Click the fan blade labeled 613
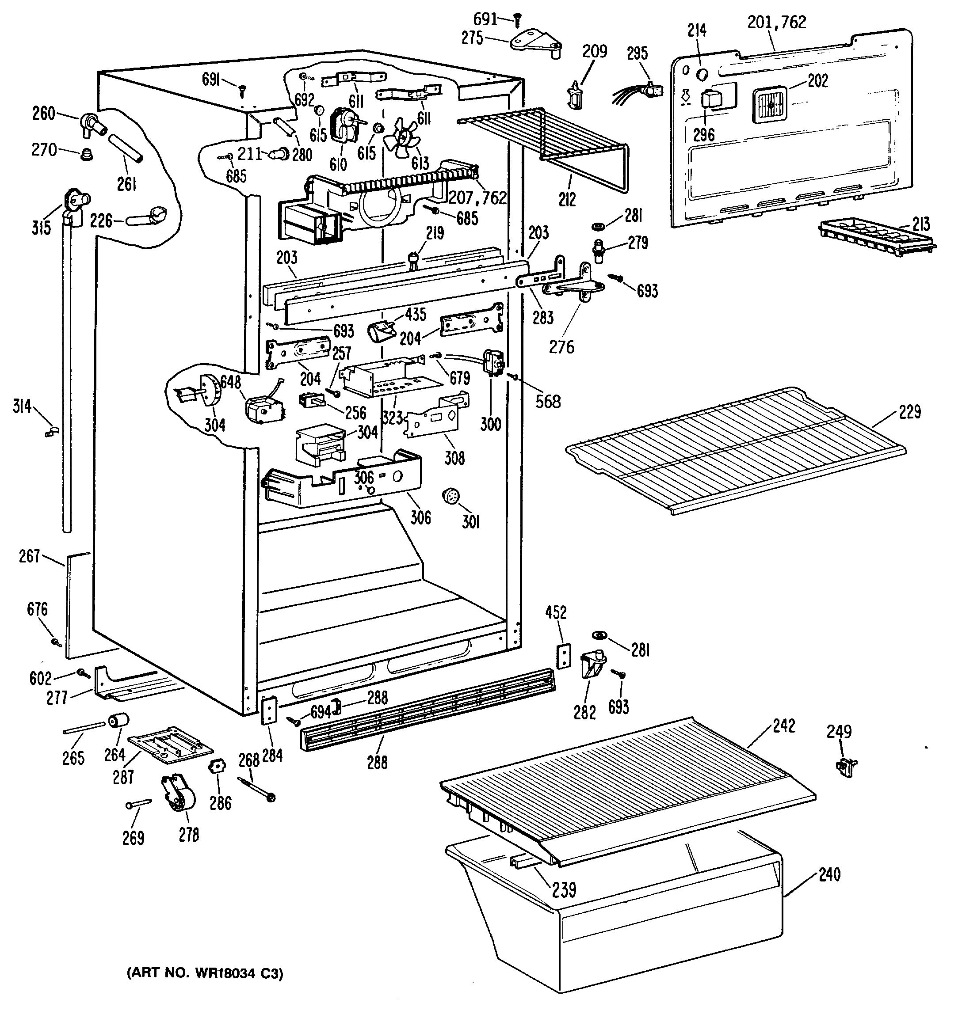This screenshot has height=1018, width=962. coord(403,135)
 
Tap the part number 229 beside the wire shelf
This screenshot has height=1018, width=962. coord(910,412)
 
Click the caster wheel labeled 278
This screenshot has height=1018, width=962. coord(179,798)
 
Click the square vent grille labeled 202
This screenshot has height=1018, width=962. coord(769,105)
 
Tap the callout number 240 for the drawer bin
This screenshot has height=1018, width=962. coord(830,874)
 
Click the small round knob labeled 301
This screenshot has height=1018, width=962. coord(450,496)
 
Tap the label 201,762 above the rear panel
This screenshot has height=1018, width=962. coord(776,22)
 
